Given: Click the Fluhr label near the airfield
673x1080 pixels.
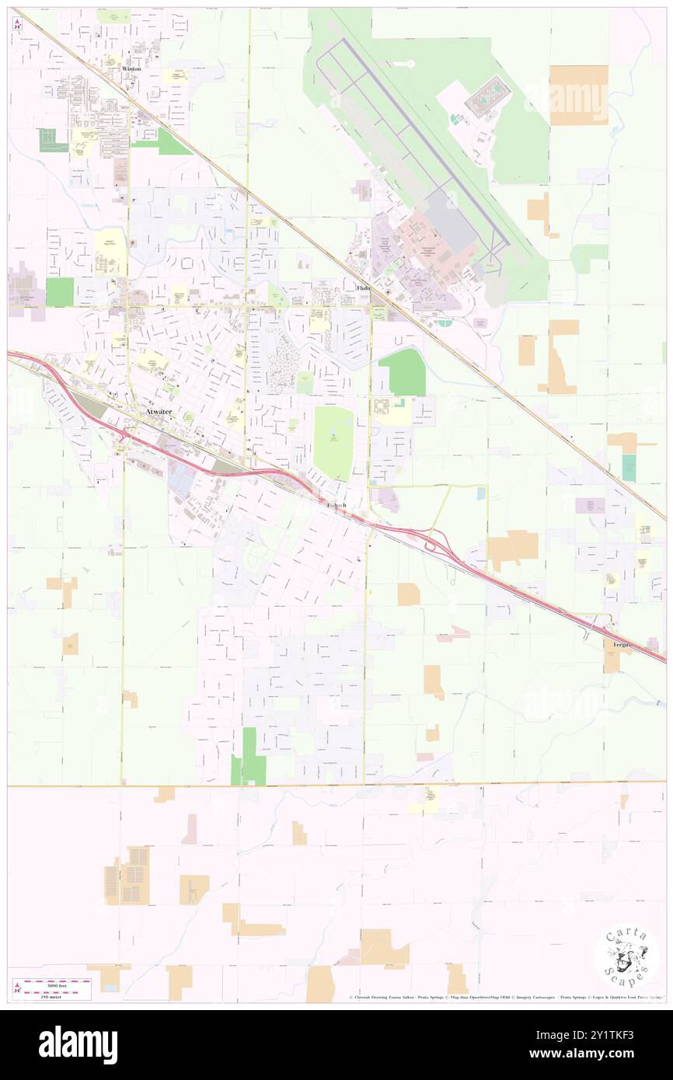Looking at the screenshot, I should pyautogui.click(x=364, y=288).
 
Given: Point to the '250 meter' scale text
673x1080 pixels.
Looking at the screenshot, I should pyautogui.click(x=51, y=995).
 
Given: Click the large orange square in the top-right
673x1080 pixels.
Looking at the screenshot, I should pyautogui.click(x=578, y=95).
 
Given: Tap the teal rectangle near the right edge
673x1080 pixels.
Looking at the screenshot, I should pyautogui.click(x=629, y=467).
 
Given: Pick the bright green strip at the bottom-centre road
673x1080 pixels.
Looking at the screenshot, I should pyautogui.click(x=249, y=755).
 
